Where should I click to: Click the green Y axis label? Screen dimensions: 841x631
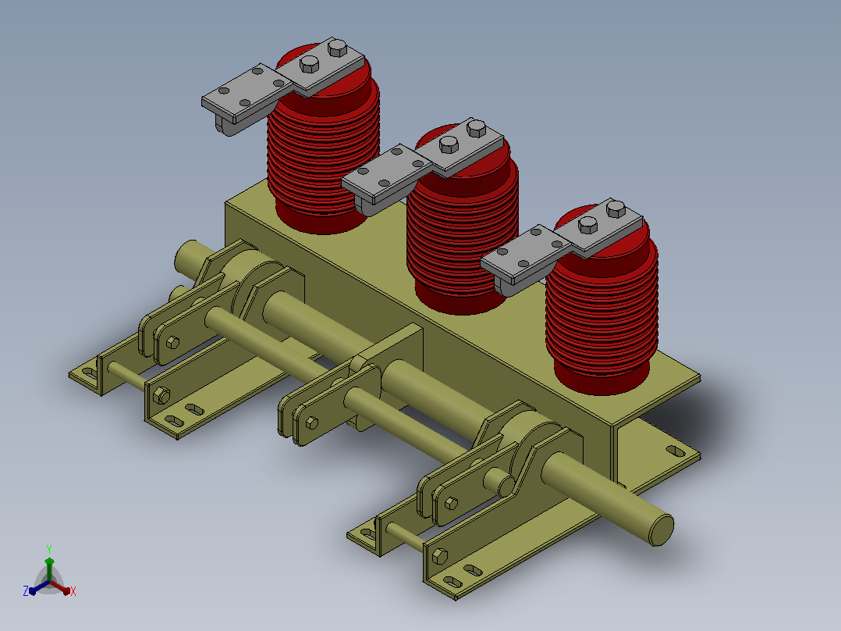tap(49, 549)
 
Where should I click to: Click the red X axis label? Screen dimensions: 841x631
tap(73, 591)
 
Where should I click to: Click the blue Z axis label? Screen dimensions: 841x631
tap(26, 590)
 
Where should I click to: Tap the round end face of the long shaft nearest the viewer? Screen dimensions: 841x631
tap(662, 529)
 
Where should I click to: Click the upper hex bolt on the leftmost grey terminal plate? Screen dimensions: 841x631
tap(337, 48)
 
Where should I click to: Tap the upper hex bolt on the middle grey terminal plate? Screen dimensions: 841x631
tap(476, 128)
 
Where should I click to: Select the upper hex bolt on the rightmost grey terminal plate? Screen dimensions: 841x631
tap(616, 209)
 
